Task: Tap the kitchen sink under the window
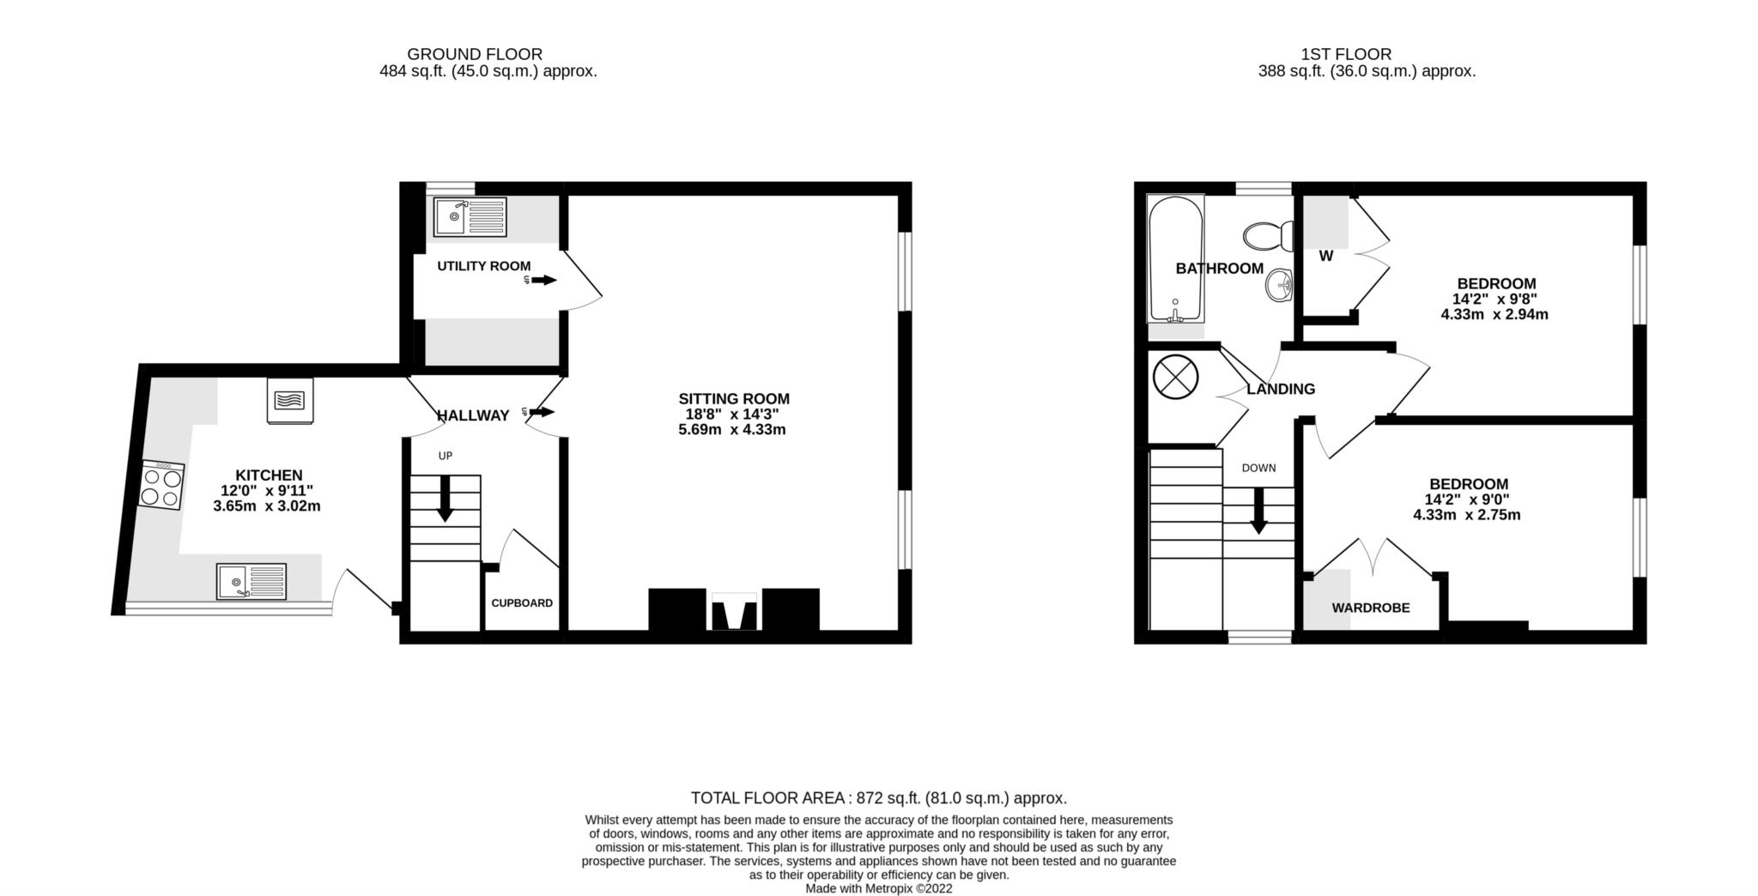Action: tap(251, 581)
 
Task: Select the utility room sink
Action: tap(470, 217)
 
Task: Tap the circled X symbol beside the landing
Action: tap(1175, 378)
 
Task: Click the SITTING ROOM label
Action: tap(734, 399)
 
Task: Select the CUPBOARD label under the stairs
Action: tap(522, 603)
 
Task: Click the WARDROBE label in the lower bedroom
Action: tap(1370, 608)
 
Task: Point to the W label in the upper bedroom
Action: tap(1325, 256)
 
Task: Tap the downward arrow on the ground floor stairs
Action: tap(445, 499)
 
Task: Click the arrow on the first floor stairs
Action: tap(1258, 512)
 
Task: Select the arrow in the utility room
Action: tap(543, 281)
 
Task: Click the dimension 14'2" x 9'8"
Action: tap(1494, 300)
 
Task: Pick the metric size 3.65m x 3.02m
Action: tap(267, 506)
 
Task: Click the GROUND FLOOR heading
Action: tap(475, 54)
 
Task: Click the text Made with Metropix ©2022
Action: tap(878, 889)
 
